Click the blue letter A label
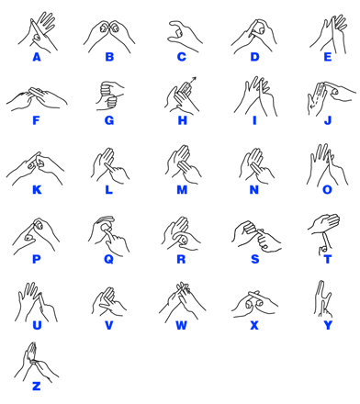37,57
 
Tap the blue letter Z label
36,387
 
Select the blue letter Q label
109,259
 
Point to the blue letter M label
182,190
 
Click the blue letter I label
254,120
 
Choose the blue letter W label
182,325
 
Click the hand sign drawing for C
184,36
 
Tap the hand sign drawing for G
109,95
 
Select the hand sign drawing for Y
323,299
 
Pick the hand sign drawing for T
324,233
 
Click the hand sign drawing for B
109,36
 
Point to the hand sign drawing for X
254,304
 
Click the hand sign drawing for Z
36,362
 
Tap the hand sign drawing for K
36,169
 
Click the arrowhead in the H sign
194,79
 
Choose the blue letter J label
328,120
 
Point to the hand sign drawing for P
36,236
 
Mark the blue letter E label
328,57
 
